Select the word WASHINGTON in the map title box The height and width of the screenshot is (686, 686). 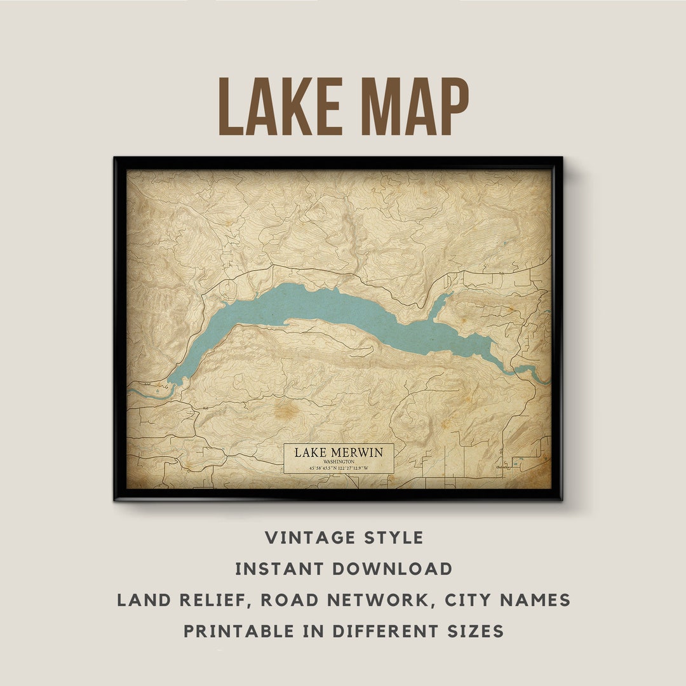(339, 462)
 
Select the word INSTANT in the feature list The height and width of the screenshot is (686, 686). (274, 568)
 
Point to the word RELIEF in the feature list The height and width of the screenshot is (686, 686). (206, 600)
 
